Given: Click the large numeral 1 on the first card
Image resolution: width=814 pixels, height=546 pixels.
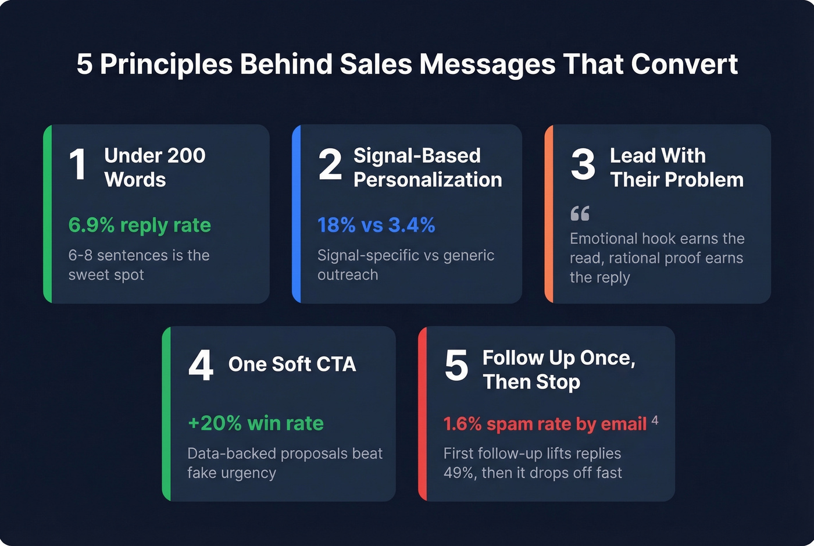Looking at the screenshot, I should (78, 165).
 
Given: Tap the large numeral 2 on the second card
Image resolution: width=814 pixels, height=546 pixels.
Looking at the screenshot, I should (330, 165).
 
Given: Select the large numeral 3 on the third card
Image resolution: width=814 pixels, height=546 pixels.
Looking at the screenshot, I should (583, 165).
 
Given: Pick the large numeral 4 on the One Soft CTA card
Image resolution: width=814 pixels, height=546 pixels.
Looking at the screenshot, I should (201, 366).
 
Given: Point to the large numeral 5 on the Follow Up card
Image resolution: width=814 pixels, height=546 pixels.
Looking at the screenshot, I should (456, 366).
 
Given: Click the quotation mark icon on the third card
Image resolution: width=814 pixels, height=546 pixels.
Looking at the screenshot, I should (580, 213).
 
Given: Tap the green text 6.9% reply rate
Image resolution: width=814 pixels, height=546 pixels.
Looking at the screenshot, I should (140, 225).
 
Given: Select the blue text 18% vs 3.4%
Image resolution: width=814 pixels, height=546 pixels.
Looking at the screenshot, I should (376, 225).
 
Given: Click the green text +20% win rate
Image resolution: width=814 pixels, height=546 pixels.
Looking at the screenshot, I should (256, 423).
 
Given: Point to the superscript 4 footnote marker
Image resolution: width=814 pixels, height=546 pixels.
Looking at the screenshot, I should (655, 420).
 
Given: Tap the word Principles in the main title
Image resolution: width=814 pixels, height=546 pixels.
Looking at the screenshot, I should (166, 64).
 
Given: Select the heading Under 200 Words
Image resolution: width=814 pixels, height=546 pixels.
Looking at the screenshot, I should (154, 167).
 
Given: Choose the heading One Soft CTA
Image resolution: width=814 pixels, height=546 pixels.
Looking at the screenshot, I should (292, 364).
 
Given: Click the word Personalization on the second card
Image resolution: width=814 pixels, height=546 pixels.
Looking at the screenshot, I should (427, 180).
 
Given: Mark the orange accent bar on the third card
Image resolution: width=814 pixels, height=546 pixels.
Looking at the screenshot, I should (549, 214).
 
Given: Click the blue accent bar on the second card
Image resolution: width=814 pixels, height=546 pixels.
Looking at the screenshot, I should (297, 214).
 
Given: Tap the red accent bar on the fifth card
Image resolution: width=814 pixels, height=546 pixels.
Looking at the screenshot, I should (423, 414).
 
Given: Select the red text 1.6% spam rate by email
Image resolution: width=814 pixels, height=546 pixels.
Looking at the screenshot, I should (545, 424).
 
